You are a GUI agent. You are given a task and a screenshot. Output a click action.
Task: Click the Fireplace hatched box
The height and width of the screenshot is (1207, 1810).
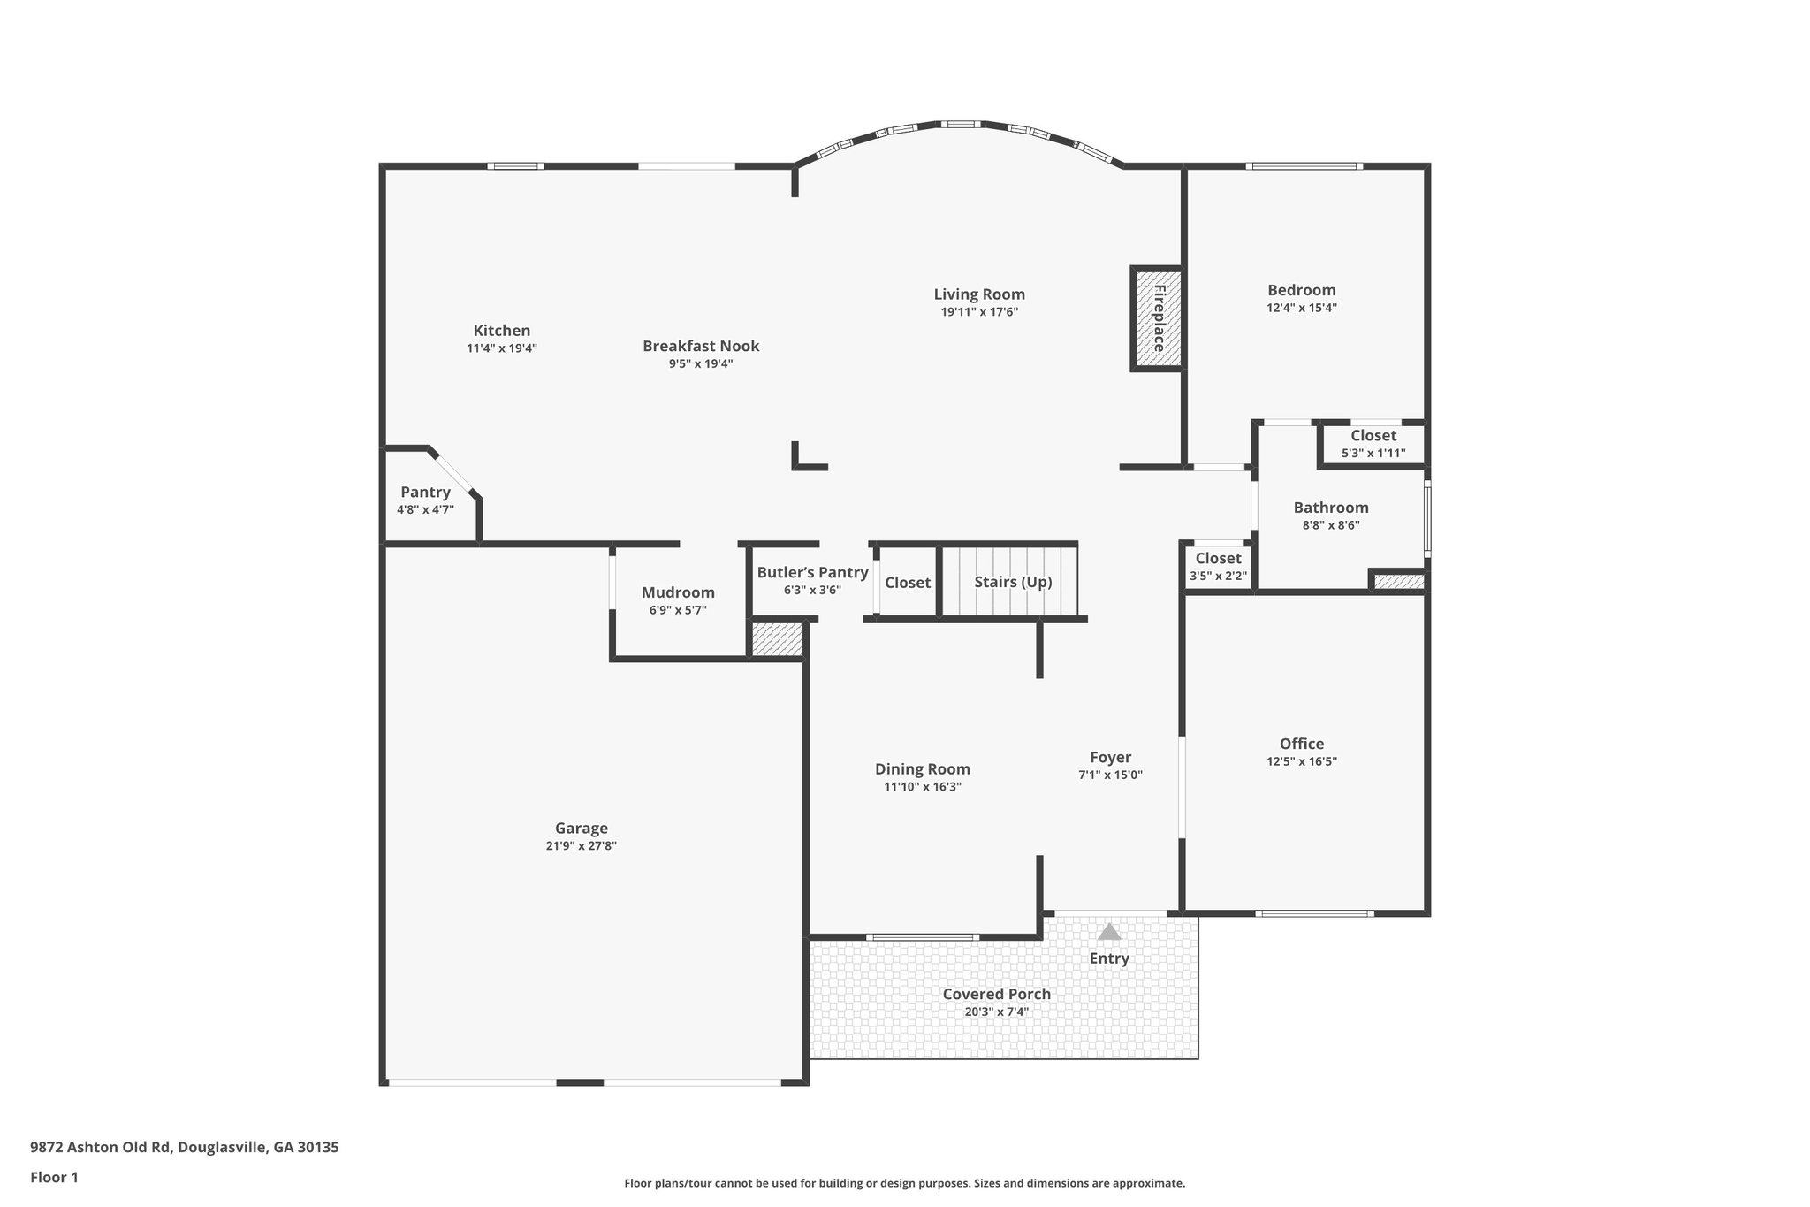(x=1158, y=318)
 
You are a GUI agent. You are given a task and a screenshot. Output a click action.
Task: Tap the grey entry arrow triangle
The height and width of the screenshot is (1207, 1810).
(x=1109, y=931)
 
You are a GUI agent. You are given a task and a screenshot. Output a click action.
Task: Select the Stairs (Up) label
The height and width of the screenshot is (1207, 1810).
(x=1013, y=582)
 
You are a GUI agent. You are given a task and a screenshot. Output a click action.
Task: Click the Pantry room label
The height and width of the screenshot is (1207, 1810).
(x=425, y=492)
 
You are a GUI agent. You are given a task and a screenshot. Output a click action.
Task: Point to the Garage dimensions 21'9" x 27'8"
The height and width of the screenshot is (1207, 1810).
(x=581, y=846)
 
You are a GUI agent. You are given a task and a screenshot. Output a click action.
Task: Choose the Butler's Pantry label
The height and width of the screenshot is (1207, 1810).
(x=812, y=573)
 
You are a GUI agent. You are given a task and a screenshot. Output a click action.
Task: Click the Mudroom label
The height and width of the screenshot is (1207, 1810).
(x=678, y=592)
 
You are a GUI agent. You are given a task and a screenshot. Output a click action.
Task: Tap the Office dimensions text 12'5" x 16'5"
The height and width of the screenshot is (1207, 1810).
(x=1302, y=761)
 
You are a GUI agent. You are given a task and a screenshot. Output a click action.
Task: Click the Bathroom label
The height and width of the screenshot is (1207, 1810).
(x=1331, y=508)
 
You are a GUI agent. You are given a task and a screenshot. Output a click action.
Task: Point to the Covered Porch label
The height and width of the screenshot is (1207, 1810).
(x=997, y=994)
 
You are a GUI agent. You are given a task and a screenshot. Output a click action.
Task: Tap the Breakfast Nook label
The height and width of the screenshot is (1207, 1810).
(x=701, y=346)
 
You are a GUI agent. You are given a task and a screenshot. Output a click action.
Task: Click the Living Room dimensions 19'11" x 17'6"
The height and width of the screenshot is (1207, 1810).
(x=979, y=312)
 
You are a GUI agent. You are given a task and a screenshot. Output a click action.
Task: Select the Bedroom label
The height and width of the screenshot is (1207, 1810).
(x=1302, y=290)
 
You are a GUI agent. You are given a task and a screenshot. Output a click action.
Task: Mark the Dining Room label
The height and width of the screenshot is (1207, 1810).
(x=923, y=769)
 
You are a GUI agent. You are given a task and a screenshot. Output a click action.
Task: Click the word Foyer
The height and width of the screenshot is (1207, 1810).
(x=1110, y=758)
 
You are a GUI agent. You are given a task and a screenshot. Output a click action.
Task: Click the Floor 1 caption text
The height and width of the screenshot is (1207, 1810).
(x=54, y=1177)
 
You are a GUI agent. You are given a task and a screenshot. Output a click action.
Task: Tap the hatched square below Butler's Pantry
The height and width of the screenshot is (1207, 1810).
(x=777, y=639)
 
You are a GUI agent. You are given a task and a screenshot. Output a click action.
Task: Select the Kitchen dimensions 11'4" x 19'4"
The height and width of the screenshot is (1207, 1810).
(x=502, y=348)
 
